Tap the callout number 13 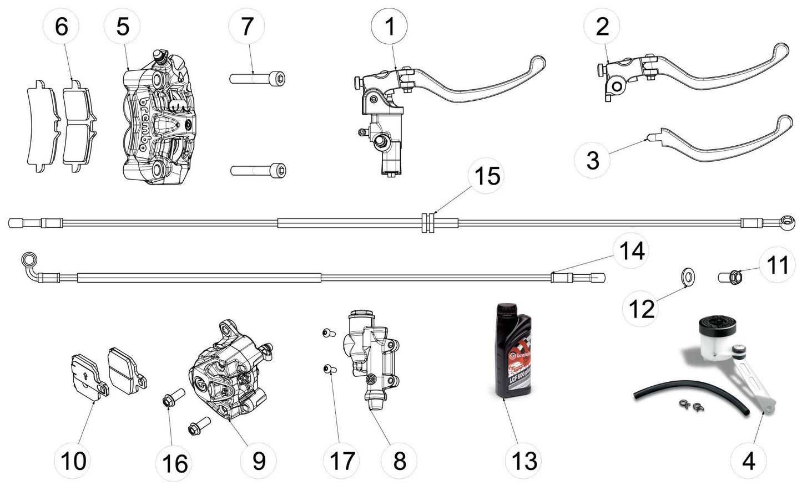click(524, 461)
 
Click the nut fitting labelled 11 click(730, 275)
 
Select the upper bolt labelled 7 click(260, 79)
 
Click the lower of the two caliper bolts click(260, 170)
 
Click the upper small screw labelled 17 click(327, 333)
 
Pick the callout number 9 click(258, 461)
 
